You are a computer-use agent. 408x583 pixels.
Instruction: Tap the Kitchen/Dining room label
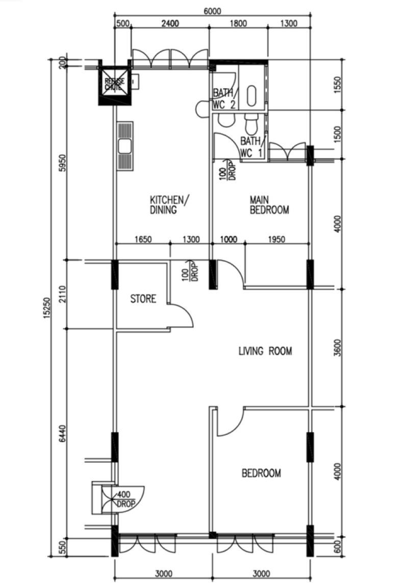[x=169, y=205]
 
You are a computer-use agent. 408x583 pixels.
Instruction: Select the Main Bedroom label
[x=269, y=205]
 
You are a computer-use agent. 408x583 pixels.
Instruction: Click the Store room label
[x=143, y=299]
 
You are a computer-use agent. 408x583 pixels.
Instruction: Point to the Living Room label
[x=265, y=351]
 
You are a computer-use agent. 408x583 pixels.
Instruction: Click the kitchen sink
[x=125, y=146]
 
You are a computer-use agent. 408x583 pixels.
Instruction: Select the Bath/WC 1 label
[x=252, y=147]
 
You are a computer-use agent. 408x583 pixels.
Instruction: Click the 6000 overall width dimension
[x=212, y=11]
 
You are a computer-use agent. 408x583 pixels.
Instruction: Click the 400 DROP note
[x=125, y=500]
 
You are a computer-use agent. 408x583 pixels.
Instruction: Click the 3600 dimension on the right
[x=337, y=348]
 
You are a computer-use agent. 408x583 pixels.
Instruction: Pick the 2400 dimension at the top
[x=170, y=23]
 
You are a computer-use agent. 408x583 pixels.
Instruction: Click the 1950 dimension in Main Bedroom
[x=277, y=239]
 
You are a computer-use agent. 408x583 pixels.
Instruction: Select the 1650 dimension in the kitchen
[x=143, y=239]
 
